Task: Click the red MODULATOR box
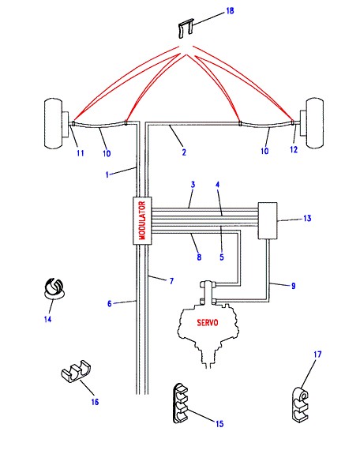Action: click(x=142, y=220)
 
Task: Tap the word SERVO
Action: click(x=208, y=323)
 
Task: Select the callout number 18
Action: click(x=230, y=11)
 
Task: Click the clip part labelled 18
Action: click(x=186, y=28)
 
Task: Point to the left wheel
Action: click(x=54, y=124)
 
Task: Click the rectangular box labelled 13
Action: click(x=268, y=220)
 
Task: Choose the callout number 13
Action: click(x=307, y=218)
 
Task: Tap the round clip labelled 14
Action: click(x=54, y=288)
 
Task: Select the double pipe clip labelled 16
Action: click(x=77, y=372)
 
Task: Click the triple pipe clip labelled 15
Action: click(x=181, y=403)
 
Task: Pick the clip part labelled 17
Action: click(x=300, y=405)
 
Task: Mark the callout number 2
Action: click(x=184, y=152)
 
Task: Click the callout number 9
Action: click(x=294, y=286)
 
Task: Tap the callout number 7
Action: click(x=171, y=281)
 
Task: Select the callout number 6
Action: click(x=110, y=304)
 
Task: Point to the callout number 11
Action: click(x=81, y=153)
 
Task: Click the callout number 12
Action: click(x=294, y=149)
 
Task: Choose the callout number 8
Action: click(x=199, y=257)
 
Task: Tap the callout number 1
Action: click(x=107, y=174)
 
